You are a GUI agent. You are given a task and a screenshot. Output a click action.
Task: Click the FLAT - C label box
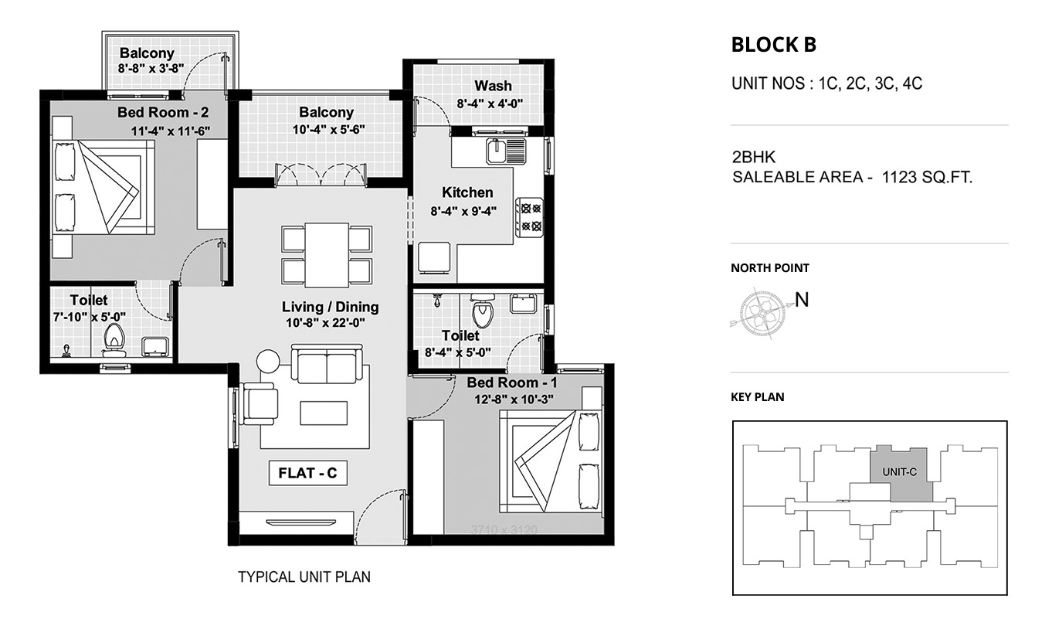308,473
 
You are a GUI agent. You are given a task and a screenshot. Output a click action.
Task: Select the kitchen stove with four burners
530,217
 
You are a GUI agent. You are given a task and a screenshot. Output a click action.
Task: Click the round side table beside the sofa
268,362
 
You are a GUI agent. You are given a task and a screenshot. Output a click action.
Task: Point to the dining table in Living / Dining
327,254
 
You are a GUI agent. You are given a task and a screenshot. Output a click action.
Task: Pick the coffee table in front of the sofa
324,413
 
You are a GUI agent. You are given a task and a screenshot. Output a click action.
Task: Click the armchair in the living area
258,404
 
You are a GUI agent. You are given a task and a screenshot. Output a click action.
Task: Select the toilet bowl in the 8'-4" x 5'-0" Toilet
482,310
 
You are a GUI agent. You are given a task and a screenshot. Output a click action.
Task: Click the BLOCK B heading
774,45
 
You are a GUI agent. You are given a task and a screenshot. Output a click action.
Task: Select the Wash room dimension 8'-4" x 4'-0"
490,104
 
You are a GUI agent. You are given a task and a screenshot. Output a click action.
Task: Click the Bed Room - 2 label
163,112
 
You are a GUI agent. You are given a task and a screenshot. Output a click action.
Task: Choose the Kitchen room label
467,192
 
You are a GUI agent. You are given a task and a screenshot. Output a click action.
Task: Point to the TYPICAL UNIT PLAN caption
304,576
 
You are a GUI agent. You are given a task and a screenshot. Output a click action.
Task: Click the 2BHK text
754,156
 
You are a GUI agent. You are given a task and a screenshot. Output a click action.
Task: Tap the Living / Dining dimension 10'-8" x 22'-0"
325,323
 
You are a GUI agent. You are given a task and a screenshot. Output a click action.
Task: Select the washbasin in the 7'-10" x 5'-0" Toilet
155,346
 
